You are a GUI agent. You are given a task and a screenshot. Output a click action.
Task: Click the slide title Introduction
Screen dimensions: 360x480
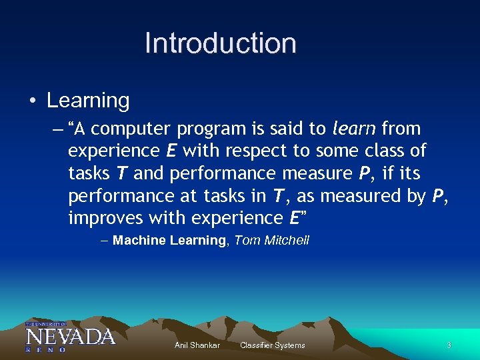tap(221, 43)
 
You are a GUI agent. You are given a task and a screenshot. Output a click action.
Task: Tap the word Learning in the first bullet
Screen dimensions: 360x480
tap(88, 101)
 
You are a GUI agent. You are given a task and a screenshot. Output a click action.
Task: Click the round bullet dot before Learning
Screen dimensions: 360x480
tap(32, 101)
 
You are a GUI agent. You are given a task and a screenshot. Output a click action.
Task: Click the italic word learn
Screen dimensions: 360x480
tap(353, 128)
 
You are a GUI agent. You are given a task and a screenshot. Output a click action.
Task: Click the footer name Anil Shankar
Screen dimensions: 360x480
tap(197, 345)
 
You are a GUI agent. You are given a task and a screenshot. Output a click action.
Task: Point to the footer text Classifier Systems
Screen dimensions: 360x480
tap(272, 345)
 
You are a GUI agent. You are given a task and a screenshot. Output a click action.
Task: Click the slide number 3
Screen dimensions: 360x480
tap(449, 345)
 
